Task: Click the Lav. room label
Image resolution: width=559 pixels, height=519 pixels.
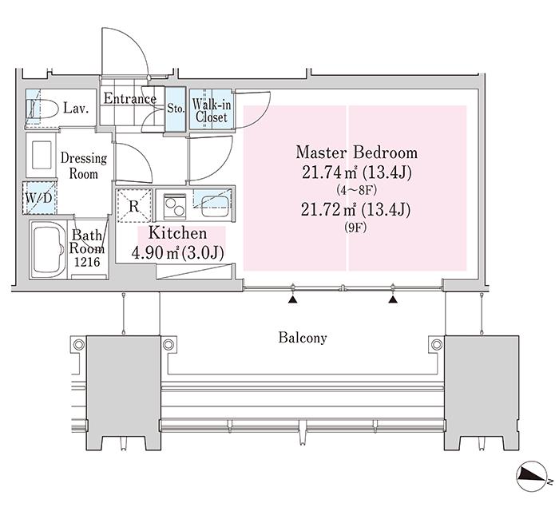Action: pyautogui.click(x=76, y=108)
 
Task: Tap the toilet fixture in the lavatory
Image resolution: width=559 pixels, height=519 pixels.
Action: pyautogui.click(x=42, y=109)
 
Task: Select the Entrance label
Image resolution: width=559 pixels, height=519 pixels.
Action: pyautogui.click(x=129, y=98)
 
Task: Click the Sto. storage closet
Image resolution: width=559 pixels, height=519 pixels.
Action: pyautogui.click(x=176, y=109)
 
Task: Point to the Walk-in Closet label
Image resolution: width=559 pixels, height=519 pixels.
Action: pyautogui.click(x=212, y=110)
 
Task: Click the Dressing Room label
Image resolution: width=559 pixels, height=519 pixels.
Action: pyautogui.click(x=84, y=166)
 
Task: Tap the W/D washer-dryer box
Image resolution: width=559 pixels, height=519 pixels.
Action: pyautogui.click(x=39, y=198)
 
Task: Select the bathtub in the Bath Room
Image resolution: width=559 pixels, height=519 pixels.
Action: pyautogui.click(x=48, y=249)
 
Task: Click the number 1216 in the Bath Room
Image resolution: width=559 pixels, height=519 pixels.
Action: pyautogui.click(x=87, y=262)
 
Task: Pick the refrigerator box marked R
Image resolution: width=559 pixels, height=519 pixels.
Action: pyautogui.click(x=134, y=206)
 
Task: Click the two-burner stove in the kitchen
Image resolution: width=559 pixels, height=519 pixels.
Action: pyautogui.click(x=174, y=207)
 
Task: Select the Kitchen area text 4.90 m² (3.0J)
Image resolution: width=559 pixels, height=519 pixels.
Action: pyautogui.click(x=177, y=253)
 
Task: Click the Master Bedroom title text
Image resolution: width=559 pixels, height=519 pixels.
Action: pyautogui.click(x=356, y=153)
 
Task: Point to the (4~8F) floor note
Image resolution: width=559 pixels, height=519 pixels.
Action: pyautogui.click(x=356, y=190)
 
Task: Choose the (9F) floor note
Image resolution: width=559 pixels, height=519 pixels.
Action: pyautogui.click(x=356, y=228)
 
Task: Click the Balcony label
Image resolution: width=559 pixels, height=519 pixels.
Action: pyautogui.click(x=303, y=338)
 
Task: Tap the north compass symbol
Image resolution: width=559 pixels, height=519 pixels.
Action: pyautogui.click(x=533, y=476)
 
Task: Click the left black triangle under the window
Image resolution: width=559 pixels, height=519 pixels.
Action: pyautogui.click(x=293, y=299)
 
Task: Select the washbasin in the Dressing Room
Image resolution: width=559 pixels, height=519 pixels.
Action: pyautogui.click(x=42, y=155)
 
